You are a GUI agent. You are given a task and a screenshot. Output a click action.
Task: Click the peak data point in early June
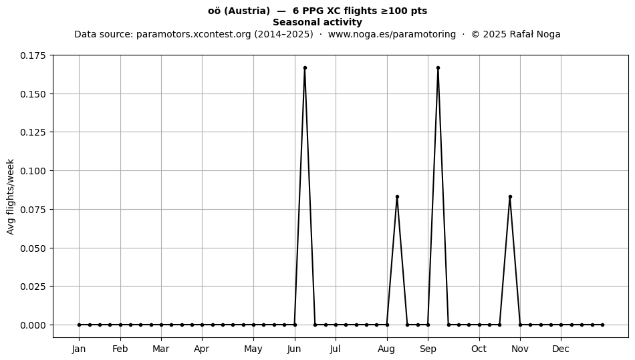click(x=305, y=68)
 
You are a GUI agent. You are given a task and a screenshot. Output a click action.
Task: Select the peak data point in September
click(x=438, y=68)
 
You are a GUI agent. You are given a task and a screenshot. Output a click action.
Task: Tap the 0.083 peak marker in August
click(x=397, y=196)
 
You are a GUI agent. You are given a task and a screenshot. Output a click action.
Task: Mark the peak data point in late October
click(x=510, y=196)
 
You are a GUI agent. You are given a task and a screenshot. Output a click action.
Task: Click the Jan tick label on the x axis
click(x=79, y=349)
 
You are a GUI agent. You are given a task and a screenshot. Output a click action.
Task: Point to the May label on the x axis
click(x=253, y=349)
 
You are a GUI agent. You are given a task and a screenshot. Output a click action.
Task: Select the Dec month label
click(x=561, y=349)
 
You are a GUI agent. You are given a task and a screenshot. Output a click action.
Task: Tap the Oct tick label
click(x=479, y=349)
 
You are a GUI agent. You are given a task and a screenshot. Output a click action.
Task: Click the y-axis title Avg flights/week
click(x=11, y=196)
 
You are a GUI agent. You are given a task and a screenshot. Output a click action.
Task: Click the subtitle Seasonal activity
click(x=317, y=22)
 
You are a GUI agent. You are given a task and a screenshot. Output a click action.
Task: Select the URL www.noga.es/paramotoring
click(x=392, y=34)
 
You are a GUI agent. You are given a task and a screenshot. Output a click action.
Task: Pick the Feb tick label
click(x=120, y=349)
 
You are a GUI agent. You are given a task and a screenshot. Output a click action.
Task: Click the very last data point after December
click(x=603, y=325)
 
